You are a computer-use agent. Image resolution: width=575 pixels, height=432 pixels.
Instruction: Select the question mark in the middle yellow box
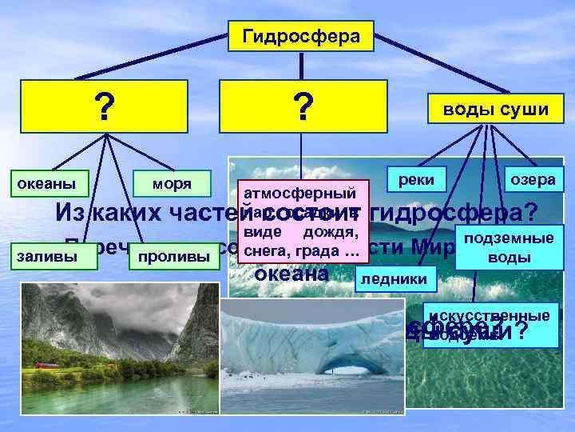pos(302,106)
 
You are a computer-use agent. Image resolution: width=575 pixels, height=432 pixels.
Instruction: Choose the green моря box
pos(172,184)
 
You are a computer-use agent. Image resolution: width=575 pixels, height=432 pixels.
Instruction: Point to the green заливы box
pos(49,256)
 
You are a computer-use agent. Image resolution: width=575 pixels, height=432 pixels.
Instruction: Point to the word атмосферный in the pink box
pos(299,193)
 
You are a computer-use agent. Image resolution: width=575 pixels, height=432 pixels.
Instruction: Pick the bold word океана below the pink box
pos(291,274)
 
